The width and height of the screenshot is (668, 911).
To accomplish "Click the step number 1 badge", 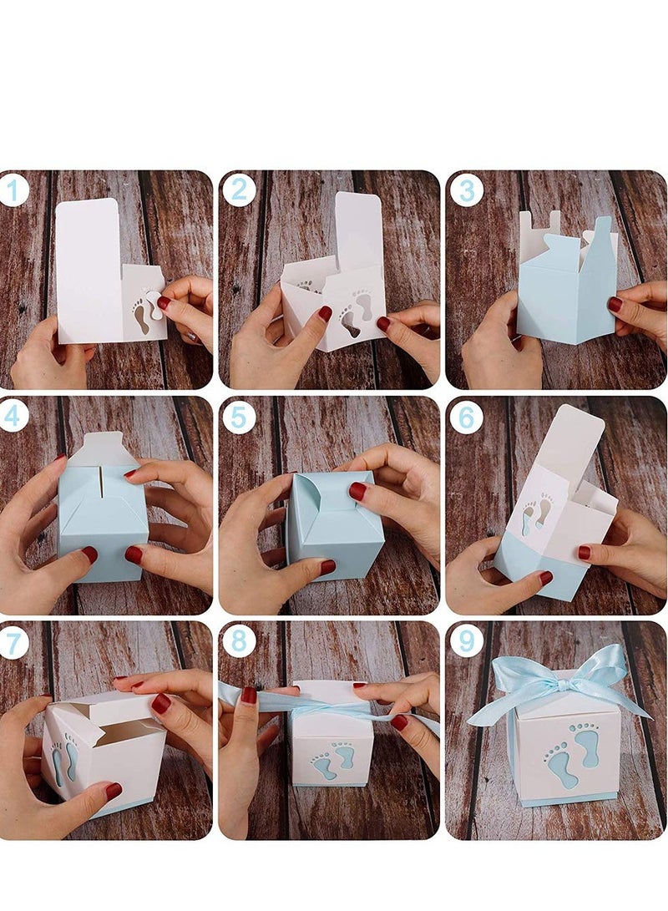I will [x=13, y=191].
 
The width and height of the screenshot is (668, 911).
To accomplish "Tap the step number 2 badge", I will [x=239, y=191].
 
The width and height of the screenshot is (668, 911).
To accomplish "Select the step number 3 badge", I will [x=466, y=191].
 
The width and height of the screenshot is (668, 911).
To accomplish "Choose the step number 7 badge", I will [x=13, y=642].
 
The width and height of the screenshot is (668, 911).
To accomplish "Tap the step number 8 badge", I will [x=239, y=642].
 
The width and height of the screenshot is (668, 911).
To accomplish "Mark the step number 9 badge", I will [x=466, y=642].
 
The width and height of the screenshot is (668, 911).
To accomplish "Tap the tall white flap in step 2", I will [x=358, y=230].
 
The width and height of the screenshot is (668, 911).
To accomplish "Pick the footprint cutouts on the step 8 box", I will [x=334, y=760].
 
